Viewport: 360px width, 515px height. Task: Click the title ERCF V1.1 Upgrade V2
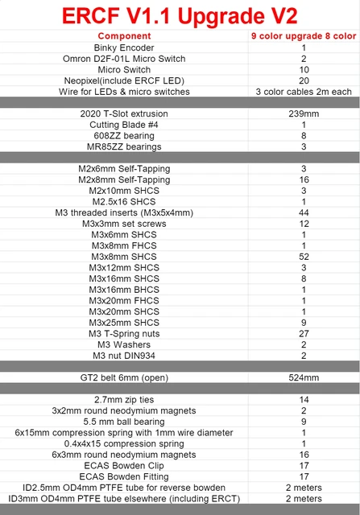point(180,16)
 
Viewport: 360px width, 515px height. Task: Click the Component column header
point(124,36)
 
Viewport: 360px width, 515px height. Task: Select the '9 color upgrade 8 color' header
point(304,36)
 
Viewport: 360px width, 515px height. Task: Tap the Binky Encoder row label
point(124,47)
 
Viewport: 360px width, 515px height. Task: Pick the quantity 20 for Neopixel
point(304,80)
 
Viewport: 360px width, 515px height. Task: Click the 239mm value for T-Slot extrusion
point(304,113)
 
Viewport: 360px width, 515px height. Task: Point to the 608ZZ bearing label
point(124,136)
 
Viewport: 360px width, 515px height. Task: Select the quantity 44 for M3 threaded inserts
point(304,212)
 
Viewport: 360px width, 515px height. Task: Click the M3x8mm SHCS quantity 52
point(304,257)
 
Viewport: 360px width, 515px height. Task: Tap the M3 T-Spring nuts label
point(124,333)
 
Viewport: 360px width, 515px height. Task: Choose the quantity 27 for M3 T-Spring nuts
point(304,333)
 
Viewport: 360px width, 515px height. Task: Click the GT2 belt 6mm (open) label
point(124,377)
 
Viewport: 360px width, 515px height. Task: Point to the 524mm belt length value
point(304,377)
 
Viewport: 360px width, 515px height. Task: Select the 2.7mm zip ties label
point(124,399)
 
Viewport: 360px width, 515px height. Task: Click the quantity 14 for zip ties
point(304,399)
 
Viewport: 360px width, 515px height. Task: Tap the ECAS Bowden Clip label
point(124,465)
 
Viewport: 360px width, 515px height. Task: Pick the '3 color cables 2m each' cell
point(304,92)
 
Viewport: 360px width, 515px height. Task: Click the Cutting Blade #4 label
point(124,125)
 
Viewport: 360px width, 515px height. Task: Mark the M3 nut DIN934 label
point(124,355)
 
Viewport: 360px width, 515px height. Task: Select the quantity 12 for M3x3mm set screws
point(304,224)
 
